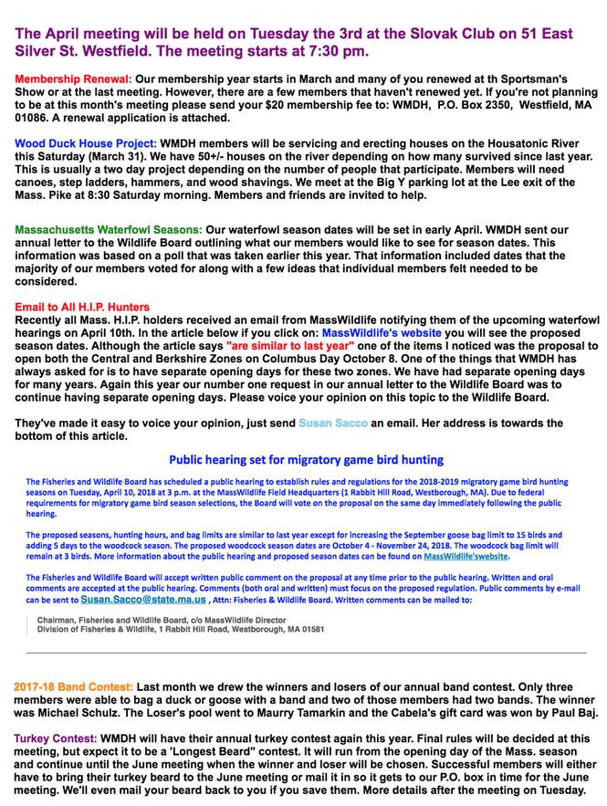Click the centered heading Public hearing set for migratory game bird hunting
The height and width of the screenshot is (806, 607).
(x=306, y=459)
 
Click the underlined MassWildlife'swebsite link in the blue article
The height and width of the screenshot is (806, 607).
(x=466, y=556)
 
